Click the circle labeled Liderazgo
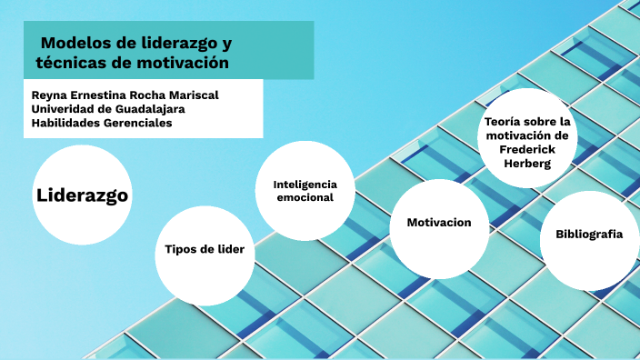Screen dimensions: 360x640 coord(82,195)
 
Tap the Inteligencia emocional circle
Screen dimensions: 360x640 coord(305,190)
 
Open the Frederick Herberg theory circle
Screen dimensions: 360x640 coord(527,139)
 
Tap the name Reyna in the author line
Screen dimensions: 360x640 coord(50,95)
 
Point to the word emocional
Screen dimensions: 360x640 coord(305,197)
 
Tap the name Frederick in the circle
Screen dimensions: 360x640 coord(527,150)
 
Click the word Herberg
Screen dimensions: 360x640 coord(527,165)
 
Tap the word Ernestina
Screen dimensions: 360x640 coord(101,95)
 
